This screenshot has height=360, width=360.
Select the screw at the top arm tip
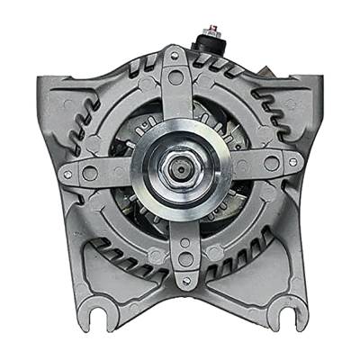173,56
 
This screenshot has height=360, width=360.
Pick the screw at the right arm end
293,162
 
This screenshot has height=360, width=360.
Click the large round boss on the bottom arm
184,257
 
